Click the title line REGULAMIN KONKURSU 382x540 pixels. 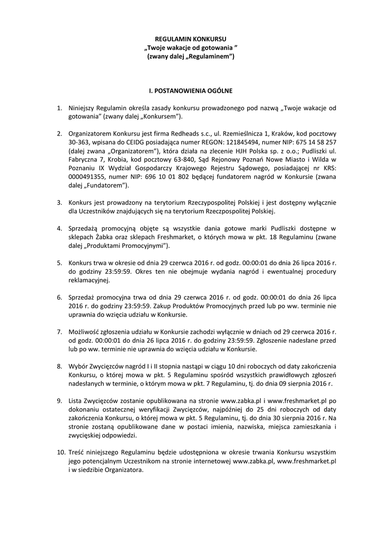click(x=191, y=39)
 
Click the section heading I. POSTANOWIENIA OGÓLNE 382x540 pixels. click(x=191, y=90)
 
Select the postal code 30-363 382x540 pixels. click(x=80, y=142)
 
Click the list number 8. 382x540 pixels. click(x=60, y=367)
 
